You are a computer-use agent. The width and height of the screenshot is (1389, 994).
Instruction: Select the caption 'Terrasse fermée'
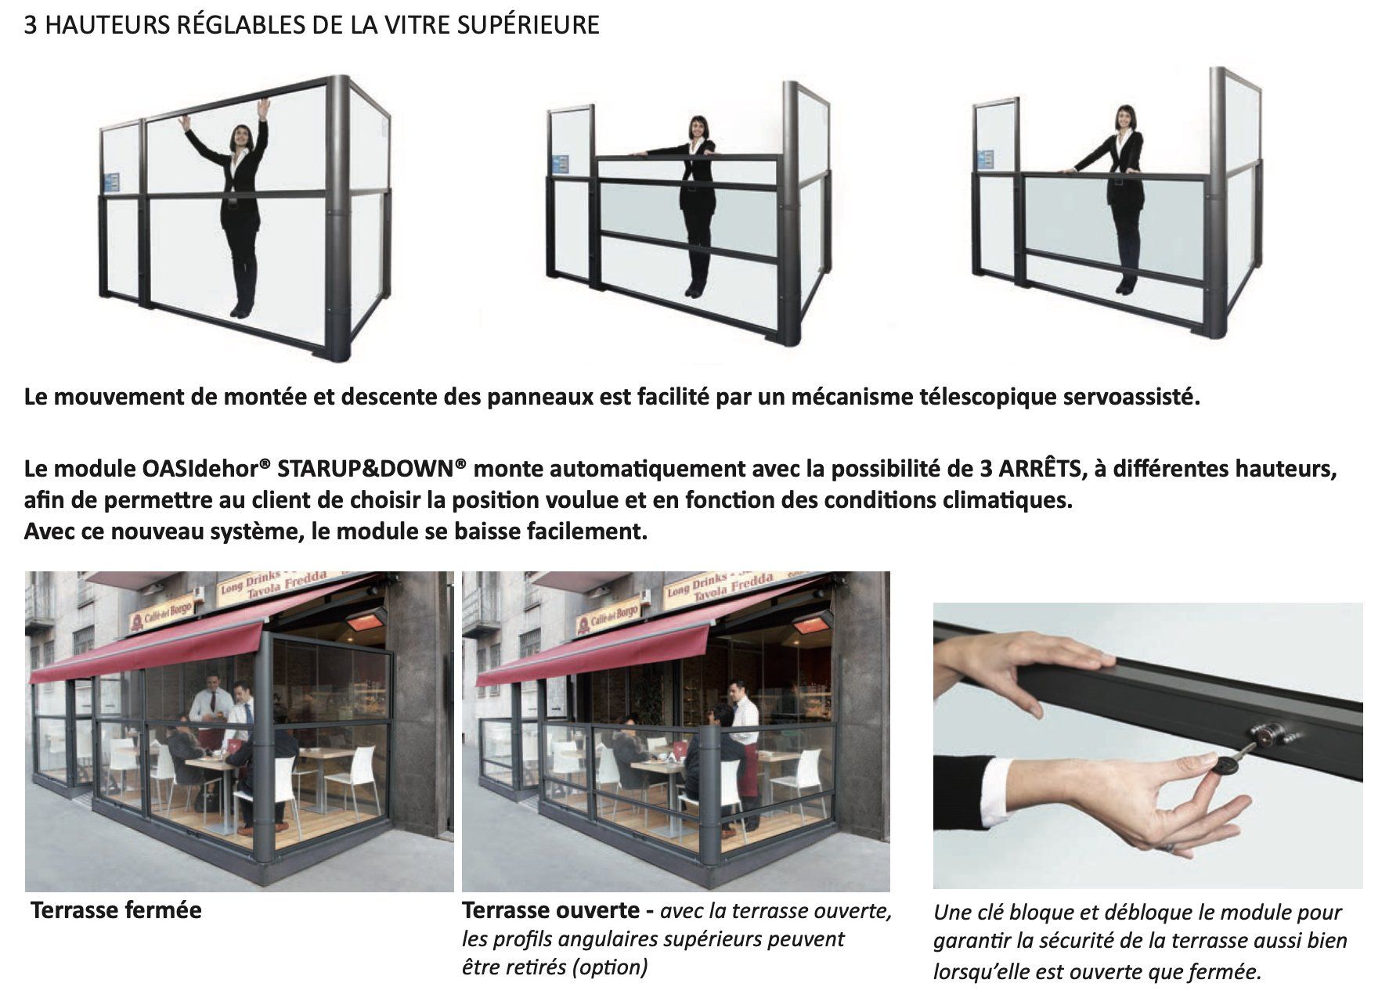[116, 910]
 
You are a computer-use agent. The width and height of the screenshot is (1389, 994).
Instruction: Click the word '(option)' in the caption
[609, 968]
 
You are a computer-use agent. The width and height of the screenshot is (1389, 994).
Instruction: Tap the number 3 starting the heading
[31, 25]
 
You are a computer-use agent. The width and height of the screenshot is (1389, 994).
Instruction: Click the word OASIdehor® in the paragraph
[207, 469]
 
